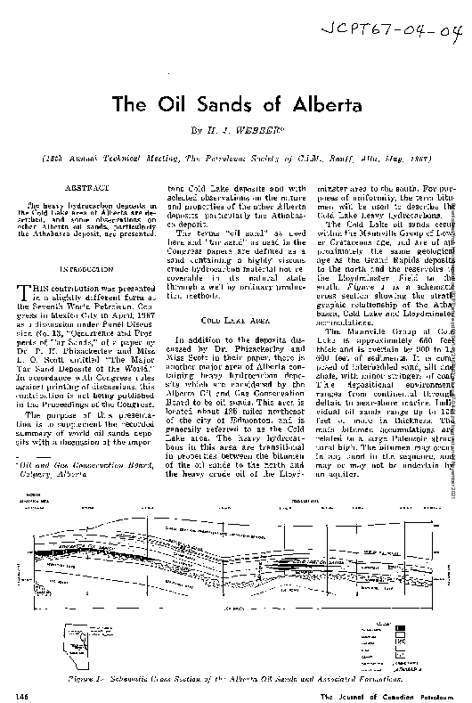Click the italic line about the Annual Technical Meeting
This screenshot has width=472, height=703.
235,155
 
